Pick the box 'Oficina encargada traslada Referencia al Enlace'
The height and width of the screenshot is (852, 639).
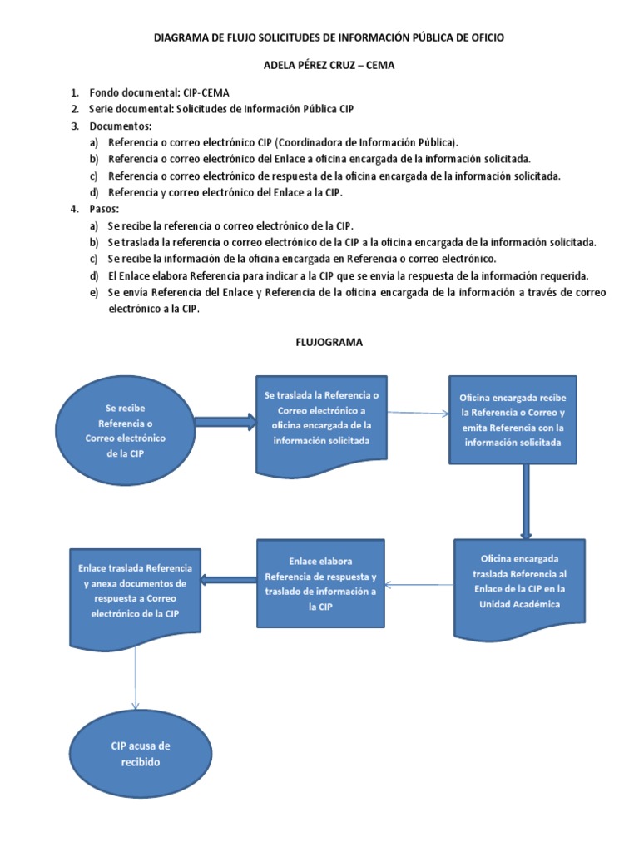tap(519, 581)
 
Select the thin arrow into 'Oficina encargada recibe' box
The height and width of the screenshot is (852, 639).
tap(419, 413)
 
